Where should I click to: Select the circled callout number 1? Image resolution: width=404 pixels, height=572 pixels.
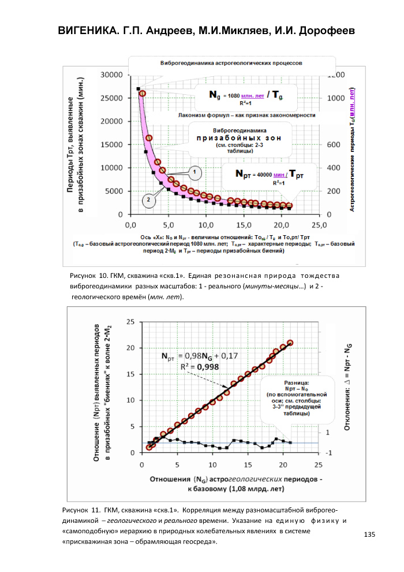(x=195, y=172)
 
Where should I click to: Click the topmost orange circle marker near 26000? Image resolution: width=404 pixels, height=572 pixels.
(x=143, y=93)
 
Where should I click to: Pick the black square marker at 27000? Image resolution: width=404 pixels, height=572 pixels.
(x=139, y=88)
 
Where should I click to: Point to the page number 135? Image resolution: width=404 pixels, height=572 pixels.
(x=370, y=534)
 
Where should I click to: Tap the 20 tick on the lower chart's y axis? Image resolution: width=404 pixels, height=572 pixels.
(x=130, y=347)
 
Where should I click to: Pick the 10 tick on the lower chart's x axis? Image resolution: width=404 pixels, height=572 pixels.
(x=212, y=465)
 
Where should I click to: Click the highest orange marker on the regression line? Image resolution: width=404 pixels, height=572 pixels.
(x=290, y=343)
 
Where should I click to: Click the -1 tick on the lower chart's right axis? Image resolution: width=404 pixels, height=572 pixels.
(x=328, y=453)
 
